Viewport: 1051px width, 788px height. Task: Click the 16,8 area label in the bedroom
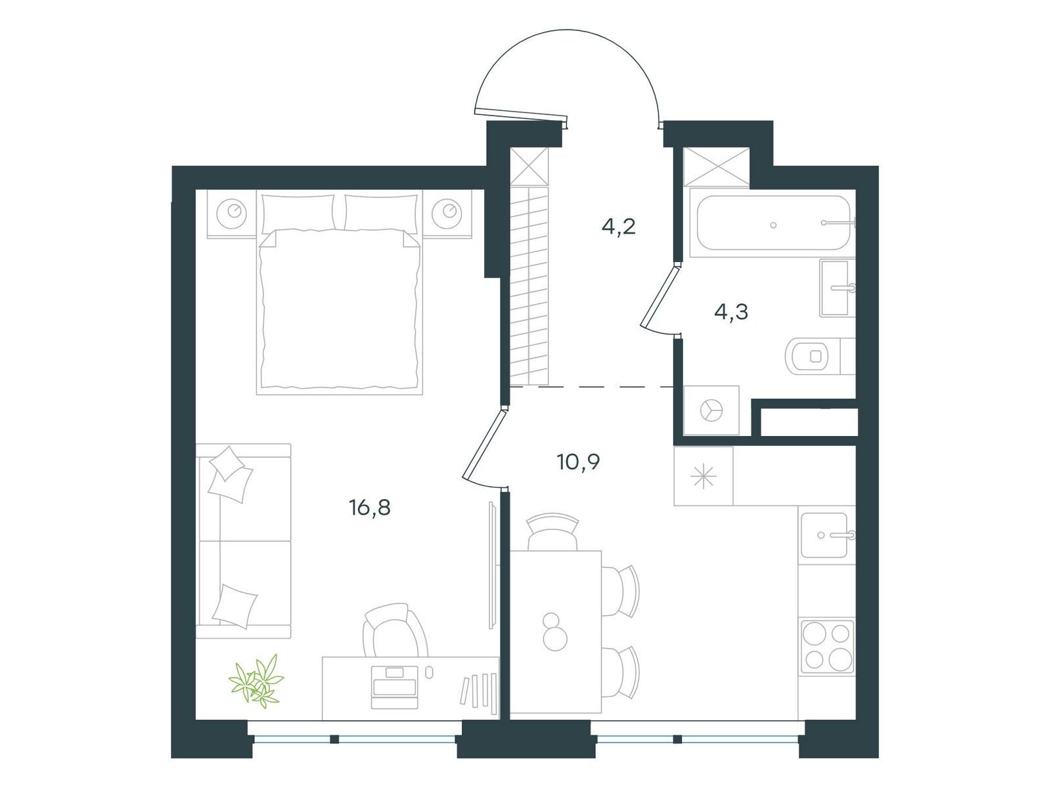[x=370, y=508]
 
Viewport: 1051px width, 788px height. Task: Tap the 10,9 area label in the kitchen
[x=578, y=462]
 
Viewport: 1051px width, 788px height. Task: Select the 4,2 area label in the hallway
[x=618, y=227]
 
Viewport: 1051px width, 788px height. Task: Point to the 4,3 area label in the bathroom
[x=730, y=312]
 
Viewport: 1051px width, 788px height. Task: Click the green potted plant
[x=256, y=681]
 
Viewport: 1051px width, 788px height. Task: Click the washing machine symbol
[x=711, y=410]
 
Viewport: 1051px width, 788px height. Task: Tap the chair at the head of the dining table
[x=552, y=532]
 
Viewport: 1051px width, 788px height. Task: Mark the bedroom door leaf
[x=484, y=443]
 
